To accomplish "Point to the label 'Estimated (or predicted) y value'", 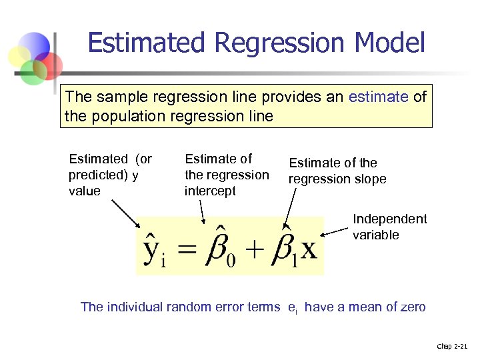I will [110, 175].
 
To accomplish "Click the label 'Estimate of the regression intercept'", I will [226, 175].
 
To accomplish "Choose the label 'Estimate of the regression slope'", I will [337, 171].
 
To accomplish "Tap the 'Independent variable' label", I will [389, 227].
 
